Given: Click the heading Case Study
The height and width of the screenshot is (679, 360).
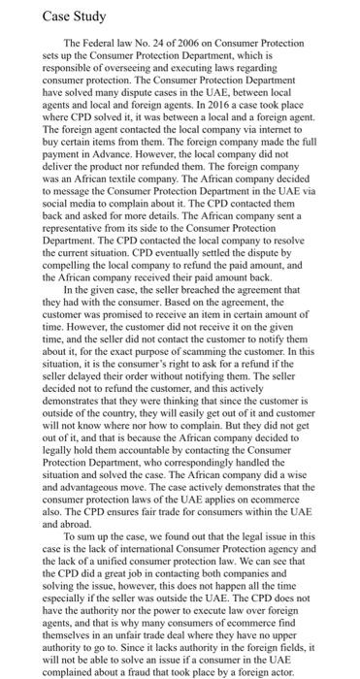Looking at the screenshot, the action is [46, 17].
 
